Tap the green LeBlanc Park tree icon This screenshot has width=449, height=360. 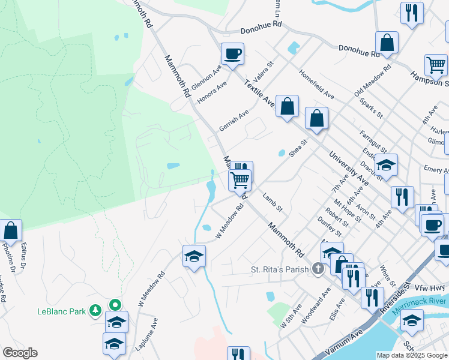point(95,310)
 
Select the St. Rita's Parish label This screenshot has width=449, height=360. point(279,270)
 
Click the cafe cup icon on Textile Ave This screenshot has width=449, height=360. point(232,54)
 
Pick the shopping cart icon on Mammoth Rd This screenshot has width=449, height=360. point(239,180)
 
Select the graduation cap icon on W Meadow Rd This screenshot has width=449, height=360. point(194,257)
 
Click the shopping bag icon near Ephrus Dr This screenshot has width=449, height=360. point(10,230)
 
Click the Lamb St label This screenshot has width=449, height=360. point(272,202)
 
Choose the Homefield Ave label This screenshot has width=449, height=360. point(317,88)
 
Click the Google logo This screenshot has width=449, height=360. point(20,353)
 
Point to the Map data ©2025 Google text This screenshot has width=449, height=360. point(412,355)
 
